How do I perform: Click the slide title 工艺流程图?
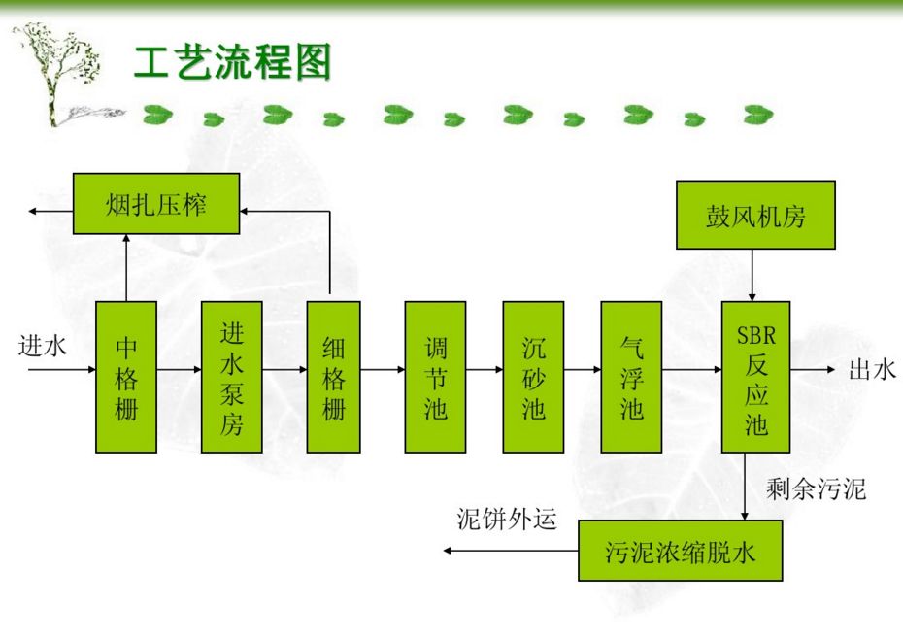(x=232, y=63)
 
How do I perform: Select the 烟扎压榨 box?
(x=156, y=204)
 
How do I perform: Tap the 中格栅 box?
(x=126, y=377)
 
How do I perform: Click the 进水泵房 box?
(x=231, y=377)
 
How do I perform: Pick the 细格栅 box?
(x=333, y=377)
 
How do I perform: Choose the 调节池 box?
(x=435, y=377)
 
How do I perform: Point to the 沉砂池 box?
(x=533, y=377)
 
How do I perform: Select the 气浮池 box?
(x=631, y=377)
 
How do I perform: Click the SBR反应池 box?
(x=755, y=377)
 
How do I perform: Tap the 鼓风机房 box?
(x=755, y=216)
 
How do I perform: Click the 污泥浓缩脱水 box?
(x=680, y=551)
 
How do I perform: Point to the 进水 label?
(x=43, y=346)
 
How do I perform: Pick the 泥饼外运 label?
(x=508, y=520)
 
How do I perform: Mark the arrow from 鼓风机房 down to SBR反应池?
(x=752, y=275)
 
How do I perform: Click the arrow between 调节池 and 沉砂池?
(x=485, y=370)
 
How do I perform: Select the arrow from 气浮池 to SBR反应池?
(x=691, y=370)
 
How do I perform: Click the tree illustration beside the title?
(x=58, y=73)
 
